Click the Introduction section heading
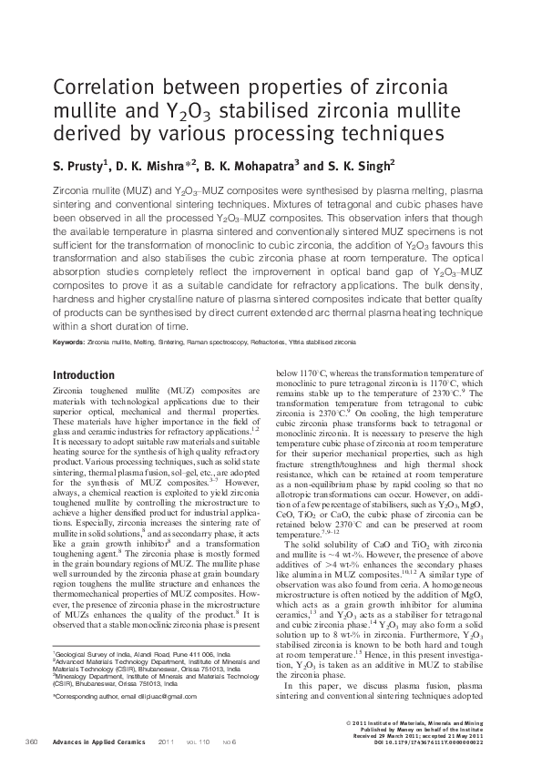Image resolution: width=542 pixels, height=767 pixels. (x=83, y=375)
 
